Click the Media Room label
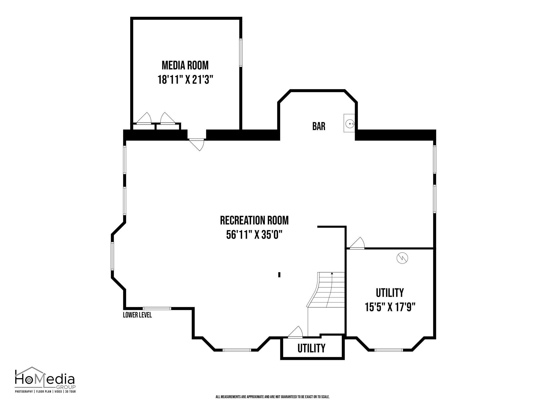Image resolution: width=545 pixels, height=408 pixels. point(185,65)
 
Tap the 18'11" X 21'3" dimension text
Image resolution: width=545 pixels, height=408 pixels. point(186,79)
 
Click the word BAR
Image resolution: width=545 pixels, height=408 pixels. point(319,126)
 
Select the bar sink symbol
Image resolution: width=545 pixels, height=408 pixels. point(349,123)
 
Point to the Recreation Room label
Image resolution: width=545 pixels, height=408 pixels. point(254,220)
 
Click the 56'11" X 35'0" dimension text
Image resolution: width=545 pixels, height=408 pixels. point(254,235)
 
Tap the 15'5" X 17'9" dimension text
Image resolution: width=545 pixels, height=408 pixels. point(390,307)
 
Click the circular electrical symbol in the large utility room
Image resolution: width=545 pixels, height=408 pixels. point(402,258)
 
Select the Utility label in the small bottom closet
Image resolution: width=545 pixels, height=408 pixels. point(311,348)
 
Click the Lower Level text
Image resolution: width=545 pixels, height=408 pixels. point(137,315)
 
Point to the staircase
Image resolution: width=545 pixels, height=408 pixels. point(326,290)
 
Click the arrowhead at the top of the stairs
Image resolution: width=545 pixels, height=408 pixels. point(332,273)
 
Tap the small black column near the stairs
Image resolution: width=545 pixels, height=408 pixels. point(279,275)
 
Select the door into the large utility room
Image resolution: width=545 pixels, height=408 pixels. point(357,243)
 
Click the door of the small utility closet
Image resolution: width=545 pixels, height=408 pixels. point(295,332)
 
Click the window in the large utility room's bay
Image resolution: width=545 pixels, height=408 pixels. point(389,350)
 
